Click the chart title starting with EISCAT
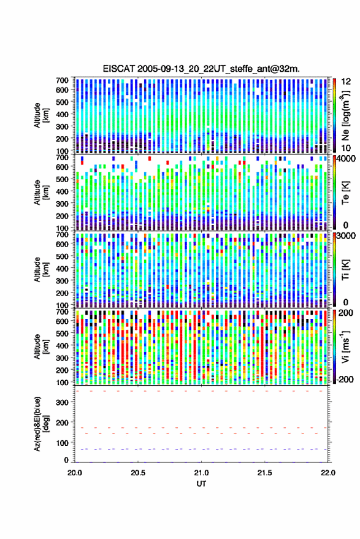201,69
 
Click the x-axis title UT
201,484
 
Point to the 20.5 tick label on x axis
138,473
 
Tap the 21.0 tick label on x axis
201,473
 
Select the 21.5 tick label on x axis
264,473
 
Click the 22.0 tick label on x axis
327,473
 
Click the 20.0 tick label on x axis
75,473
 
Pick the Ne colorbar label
345,115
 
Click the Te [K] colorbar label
345,193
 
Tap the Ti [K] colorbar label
345,270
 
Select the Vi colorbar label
345,346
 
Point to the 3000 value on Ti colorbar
347,236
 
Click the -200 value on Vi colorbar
345,380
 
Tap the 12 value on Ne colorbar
346,81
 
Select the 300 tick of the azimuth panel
63,402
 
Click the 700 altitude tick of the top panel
62,80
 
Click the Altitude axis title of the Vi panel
40,346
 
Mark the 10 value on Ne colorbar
346,148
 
